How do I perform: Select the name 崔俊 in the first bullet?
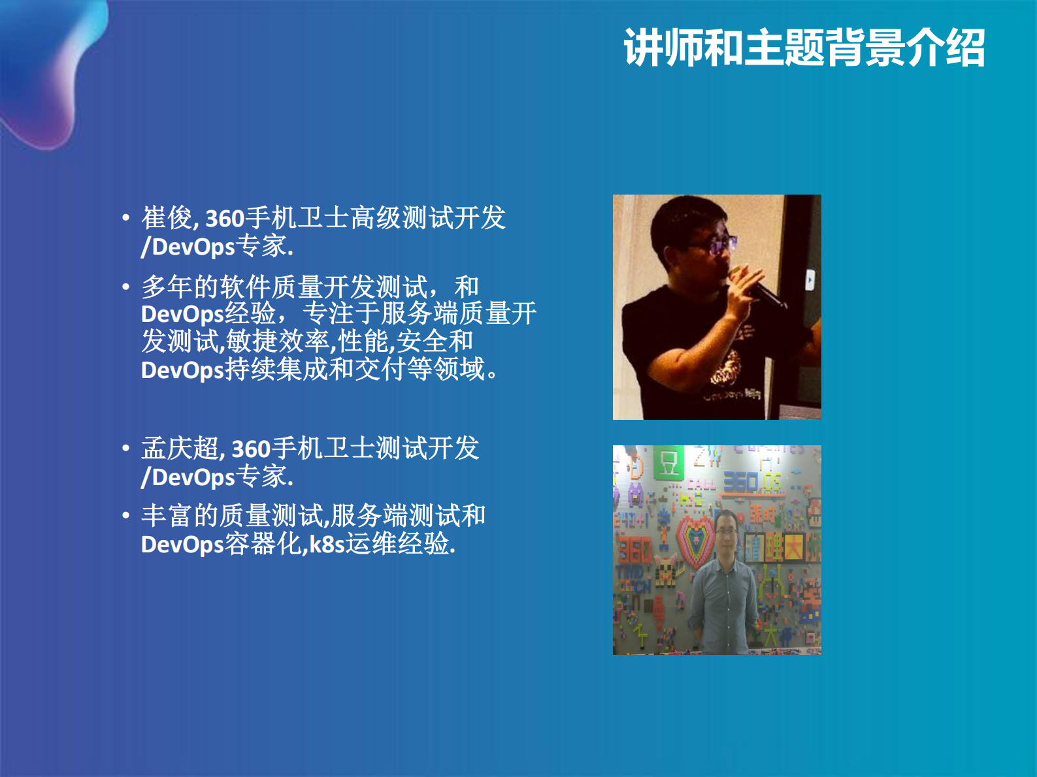(167, 218)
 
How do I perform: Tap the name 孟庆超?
(180, 449)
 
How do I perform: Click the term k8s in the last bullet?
(326, 544)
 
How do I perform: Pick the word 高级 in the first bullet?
(376, 218)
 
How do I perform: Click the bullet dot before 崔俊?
(125, 218)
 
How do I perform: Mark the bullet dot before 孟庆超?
(125, 449)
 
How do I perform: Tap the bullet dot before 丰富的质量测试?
(125, 516)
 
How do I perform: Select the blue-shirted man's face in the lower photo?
(726, 532)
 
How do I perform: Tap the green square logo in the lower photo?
(668, 463)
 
